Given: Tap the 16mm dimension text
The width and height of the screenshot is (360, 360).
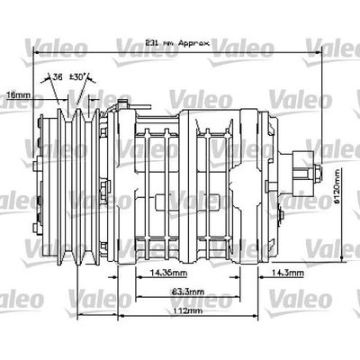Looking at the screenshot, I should (17, 93).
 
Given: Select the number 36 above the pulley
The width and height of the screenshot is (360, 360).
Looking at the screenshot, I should (59, 77).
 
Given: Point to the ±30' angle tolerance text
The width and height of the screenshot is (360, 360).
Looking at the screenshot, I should (78, 77).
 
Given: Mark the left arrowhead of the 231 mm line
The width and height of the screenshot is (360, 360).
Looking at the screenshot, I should (35, 49).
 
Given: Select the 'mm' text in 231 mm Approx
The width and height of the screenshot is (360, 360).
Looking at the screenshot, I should (167, 43).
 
